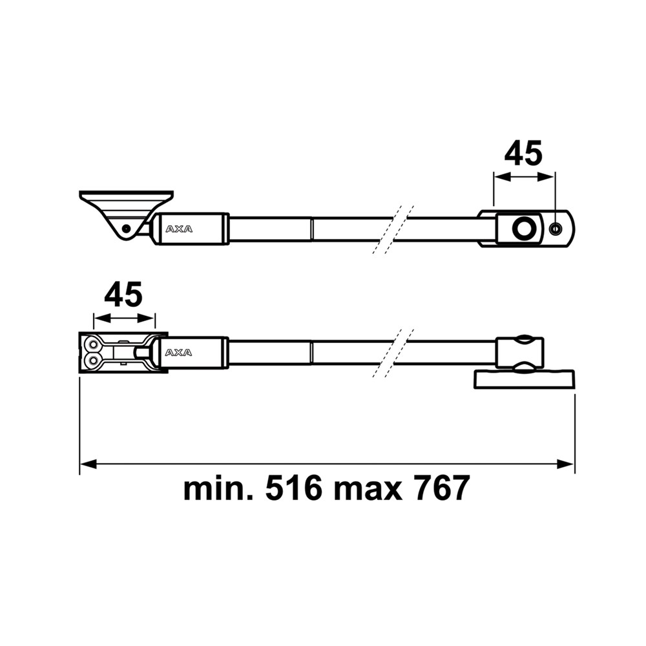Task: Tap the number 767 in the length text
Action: pyautogui.click(x=435, y=489)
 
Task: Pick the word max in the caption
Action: pyautogui.click(x=364, y=489)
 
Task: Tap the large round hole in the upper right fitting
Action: pyautogui.click(x=523, y=227)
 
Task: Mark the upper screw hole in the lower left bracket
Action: pyautogui.click(x=94, y=344)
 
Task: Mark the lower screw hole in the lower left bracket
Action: pyautogui.click(x=94, y=359)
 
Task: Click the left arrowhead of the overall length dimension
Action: pyautogui.click(x=86, y=463)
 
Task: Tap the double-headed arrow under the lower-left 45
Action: pyautogui.click(x=124, y=318)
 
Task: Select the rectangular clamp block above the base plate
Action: pyautogui.click(x=521, y=353)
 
